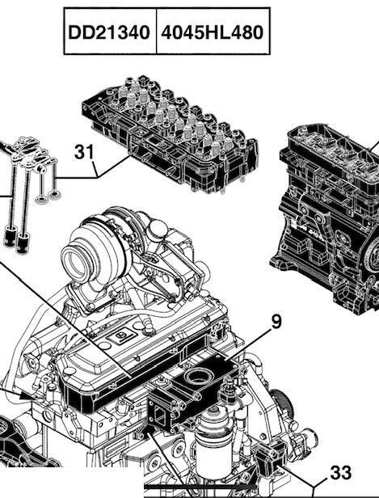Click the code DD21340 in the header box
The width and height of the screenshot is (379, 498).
[107, 32]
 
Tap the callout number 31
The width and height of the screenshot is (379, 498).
[85, 152]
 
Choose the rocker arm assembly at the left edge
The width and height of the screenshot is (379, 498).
[24, 170]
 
